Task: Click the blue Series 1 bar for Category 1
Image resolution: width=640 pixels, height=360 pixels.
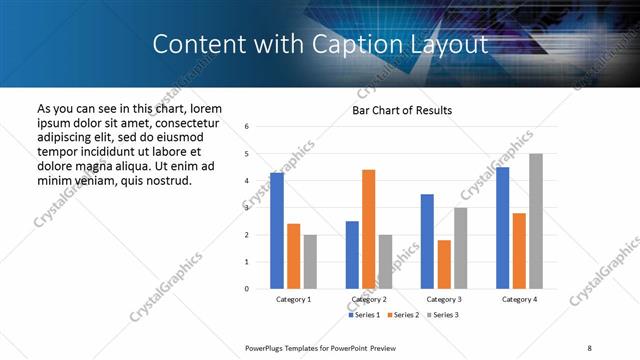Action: pos(277,231)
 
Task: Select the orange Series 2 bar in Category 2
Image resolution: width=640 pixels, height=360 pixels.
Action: pos(369,229)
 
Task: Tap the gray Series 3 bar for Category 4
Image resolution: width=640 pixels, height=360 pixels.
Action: pos(536,221)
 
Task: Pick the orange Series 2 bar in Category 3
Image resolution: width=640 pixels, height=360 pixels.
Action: pos(444,264)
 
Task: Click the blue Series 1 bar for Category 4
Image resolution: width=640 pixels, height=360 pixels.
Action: pos(503,228)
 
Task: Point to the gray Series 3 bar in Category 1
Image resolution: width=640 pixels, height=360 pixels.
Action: pos(310,262)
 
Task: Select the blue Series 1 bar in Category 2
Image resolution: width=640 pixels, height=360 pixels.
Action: pos(352,255)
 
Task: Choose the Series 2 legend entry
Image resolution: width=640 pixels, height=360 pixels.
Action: pos(402,315)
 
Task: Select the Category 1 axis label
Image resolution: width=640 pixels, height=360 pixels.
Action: pos(293,299)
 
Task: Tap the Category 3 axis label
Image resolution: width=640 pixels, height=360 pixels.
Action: pos(444,299)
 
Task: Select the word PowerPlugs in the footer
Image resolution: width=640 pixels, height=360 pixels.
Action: pos(266,347)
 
